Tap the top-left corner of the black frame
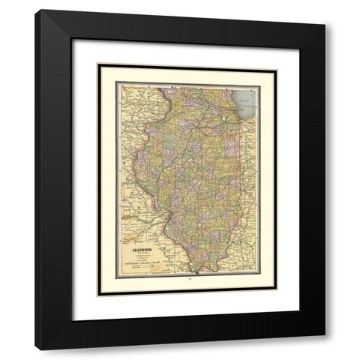tap(36, 10)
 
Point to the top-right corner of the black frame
tap(325, 10)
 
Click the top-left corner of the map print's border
tap(118, 84)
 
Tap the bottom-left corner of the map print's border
tap(118, 275)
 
